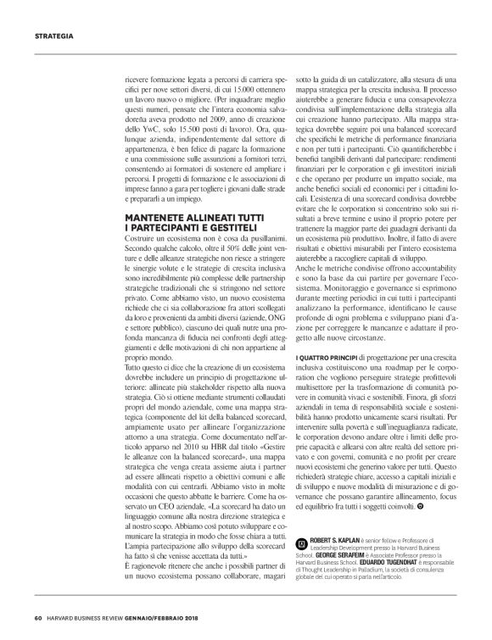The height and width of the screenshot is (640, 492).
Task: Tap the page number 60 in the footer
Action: [38, 616]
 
